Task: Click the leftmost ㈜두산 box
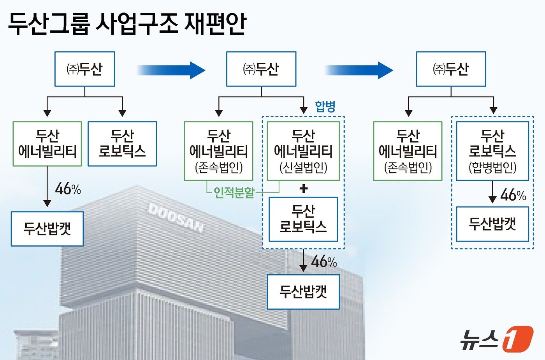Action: (x=84, y=69)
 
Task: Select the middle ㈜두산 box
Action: (x=261, y=69)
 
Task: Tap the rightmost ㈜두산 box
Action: (x=451, y=69)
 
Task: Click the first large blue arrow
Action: (x=171, y=70)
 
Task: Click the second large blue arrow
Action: (x=359, y=70)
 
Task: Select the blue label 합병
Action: (x=325, y=106)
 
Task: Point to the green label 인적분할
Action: (x=234, y=192)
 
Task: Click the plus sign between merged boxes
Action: (x=304, y=189)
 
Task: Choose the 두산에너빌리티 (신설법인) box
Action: (x=303, y=151)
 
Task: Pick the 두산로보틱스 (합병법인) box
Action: (x=492, y=151)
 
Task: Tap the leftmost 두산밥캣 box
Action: (x=47, y=229)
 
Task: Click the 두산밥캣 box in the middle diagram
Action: (x=303, y=292)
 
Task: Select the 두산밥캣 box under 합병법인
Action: (x=492, y=224)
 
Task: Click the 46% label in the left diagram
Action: (x=68, y=189)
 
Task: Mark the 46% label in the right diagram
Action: (x=513, y=194)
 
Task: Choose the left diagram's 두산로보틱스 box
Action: (x=122, y=144)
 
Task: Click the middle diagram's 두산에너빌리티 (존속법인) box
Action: (x=218, y=151)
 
